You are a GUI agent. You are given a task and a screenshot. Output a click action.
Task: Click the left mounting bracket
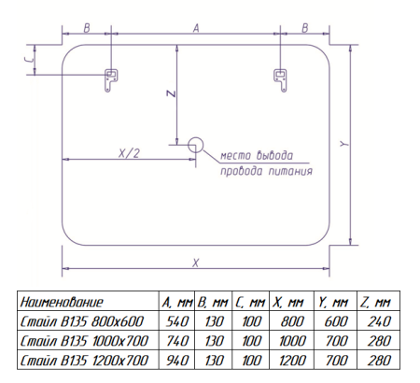click(110, 79)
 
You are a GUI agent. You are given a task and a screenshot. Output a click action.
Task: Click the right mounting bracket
click(280, 79)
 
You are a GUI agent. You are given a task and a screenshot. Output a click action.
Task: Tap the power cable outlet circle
click(195, 145)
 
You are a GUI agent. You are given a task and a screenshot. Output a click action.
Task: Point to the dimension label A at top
click(196, 28)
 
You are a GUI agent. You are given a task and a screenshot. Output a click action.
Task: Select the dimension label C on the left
click(29, 60)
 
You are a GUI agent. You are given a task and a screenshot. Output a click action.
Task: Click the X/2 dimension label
click(129, 153)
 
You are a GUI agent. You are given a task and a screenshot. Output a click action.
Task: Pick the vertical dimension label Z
click(171, 93)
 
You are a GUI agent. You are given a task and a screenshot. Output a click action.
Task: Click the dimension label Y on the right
click(343, 144)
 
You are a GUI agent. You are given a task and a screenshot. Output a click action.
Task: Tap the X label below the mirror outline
click(195, 263)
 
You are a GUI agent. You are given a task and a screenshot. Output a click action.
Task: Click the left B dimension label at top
click(87, 28)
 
